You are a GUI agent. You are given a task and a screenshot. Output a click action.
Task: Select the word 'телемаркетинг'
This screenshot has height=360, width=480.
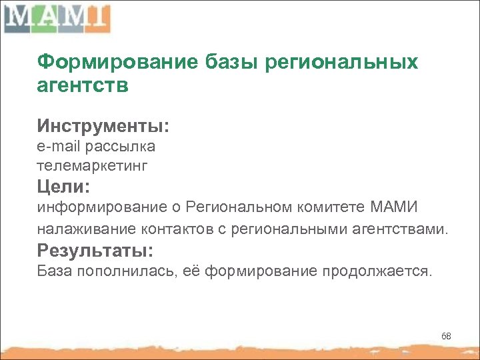(x=92, y=163)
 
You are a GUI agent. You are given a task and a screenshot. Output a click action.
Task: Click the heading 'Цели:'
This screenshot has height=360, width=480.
(x=63, y=184)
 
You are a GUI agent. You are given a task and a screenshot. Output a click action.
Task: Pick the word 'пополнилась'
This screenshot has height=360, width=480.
(x=135, y=272)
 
